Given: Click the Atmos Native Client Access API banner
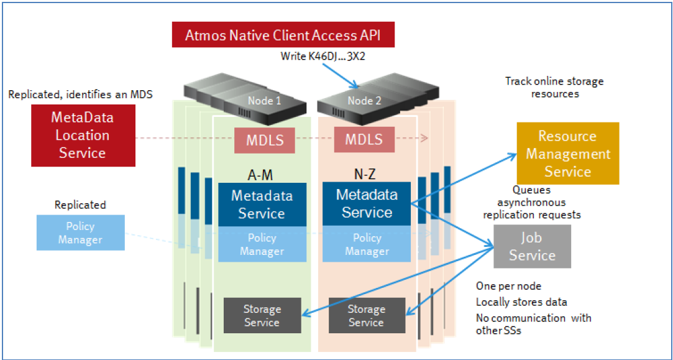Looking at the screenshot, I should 283,35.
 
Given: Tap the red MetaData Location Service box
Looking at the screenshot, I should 83,135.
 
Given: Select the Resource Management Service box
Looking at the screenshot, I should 568,154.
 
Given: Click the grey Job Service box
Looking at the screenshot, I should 532,246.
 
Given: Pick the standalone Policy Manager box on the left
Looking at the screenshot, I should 80,233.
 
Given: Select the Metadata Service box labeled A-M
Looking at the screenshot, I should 262,205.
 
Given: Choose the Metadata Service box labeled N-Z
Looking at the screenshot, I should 367,203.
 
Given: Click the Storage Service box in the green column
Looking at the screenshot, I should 262,316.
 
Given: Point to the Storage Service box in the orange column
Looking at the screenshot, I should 366,316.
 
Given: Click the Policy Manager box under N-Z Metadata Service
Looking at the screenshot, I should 367,244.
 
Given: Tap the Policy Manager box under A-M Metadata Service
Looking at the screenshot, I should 262,244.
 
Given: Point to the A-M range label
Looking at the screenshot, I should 260,175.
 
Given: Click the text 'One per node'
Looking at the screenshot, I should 508,286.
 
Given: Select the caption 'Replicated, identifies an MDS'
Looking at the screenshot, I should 80,95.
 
